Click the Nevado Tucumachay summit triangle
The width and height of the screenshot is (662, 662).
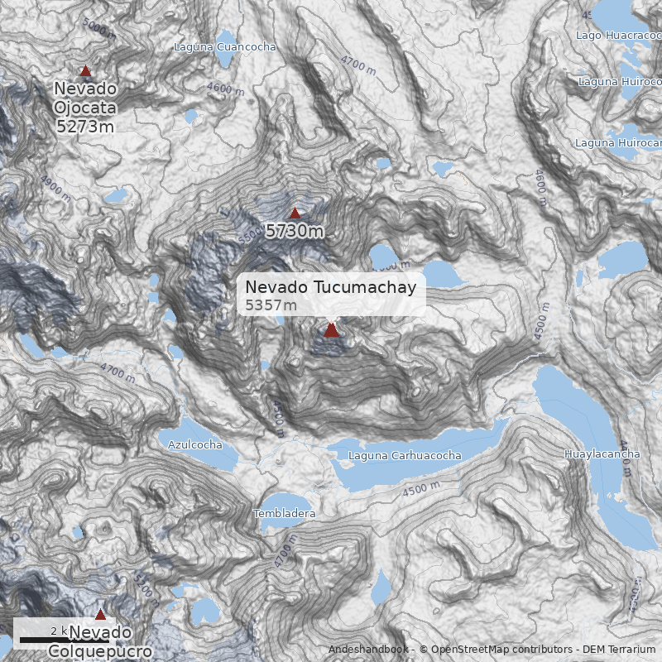coord(331,330)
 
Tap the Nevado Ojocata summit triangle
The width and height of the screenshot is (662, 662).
coord(85,71)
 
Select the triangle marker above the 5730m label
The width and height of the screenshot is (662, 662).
coord(295,213)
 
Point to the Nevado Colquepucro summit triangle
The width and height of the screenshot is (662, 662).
coord(100,614)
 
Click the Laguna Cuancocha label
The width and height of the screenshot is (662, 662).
coord(224,47)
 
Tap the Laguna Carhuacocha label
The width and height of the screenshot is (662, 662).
coord(405,456)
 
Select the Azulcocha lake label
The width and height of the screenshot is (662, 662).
coord(195,444)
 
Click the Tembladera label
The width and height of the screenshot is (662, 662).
coord(285,514)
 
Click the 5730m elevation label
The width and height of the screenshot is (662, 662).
coord(295,232)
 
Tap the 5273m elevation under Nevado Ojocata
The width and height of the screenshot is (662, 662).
coord(85,126)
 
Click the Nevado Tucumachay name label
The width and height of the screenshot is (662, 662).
coord(331,287)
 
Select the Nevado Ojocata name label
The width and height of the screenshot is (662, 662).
coord(85,98)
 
